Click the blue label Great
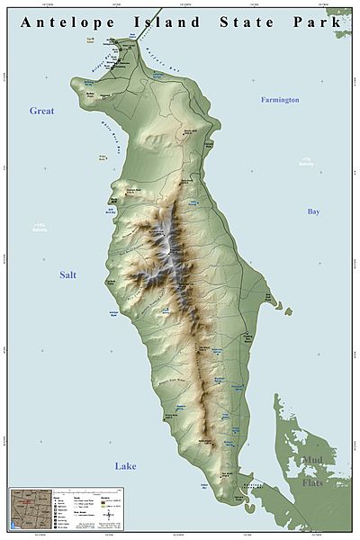tap(42, 111)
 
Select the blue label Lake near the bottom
tap(126, 465)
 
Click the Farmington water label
tap(280, 99)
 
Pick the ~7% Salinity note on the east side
tap(312, 163)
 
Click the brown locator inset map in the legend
tap(23, 504)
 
